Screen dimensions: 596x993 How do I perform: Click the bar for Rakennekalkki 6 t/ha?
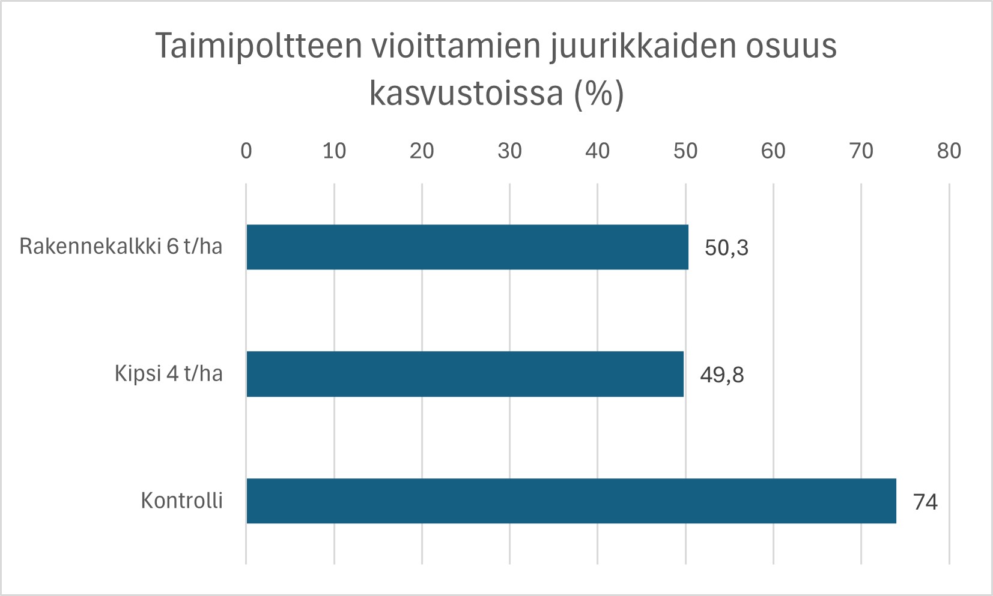tap(467, 247)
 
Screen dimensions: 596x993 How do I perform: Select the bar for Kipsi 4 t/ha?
tap(465, 374)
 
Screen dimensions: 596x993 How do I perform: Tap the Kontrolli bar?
tap(571, 501)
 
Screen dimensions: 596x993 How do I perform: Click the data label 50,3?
tap(726, 247)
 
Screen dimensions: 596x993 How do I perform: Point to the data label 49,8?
tap(721, 375)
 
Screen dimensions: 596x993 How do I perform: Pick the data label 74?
tap(925, 502)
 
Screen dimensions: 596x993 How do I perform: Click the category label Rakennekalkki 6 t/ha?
tap(121, 246)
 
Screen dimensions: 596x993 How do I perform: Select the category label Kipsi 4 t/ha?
tap(168, 373)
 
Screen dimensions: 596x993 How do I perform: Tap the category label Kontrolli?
tap(181, 500)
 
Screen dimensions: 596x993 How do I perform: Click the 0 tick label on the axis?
tap(246, 151)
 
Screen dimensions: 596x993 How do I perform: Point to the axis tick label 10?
tap(334, 151)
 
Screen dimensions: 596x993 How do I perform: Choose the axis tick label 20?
tap(422, 151)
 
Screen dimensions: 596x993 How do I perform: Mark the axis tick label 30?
tap(509, 151)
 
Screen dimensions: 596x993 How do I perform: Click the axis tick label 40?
tap(597, 151)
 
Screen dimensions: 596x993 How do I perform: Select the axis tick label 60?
tap(773, 151)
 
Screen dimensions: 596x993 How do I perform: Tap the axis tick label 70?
tap(861, 151)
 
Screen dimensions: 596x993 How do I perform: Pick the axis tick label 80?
tap(949, 151)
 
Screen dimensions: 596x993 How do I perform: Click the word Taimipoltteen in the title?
tap(259, 46)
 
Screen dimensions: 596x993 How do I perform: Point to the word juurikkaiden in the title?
tap(643, 46)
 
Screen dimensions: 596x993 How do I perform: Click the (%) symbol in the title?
tap(599, 94)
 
